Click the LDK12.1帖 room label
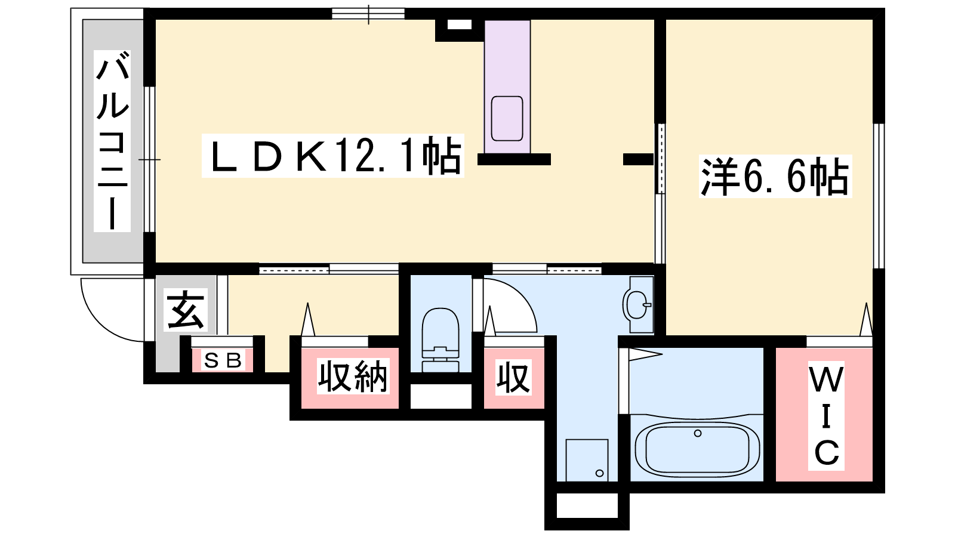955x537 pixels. click(x=332, y=156)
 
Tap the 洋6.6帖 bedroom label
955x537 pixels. click(x=775, y=177)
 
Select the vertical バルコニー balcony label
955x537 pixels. click(x=112, y=141)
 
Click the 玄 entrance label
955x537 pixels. click(x=186, y=310)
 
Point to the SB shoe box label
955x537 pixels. click(x=223, y=360)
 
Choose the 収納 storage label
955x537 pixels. click(x=353, y=376)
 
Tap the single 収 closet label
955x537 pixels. click(x=514, y=377)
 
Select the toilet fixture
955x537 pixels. click(x=440, y=340)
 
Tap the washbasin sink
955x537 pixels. click(x=638, y=305)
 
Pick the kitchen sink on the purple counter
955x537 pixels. click(x=507, y=119)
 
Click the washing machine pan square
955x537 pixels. click(x=587, y=460)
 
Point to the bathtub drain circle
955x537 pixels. click(x=698, y=433)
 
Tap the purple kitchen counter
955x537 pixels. click(x=507, y=87)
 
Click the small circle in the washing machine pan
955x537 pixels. click(x=599, y=473)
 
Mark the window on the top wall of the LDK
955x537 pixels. click(x=368, y=14)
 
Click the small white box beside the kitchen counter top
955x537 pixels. click(x=460, y=24)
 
